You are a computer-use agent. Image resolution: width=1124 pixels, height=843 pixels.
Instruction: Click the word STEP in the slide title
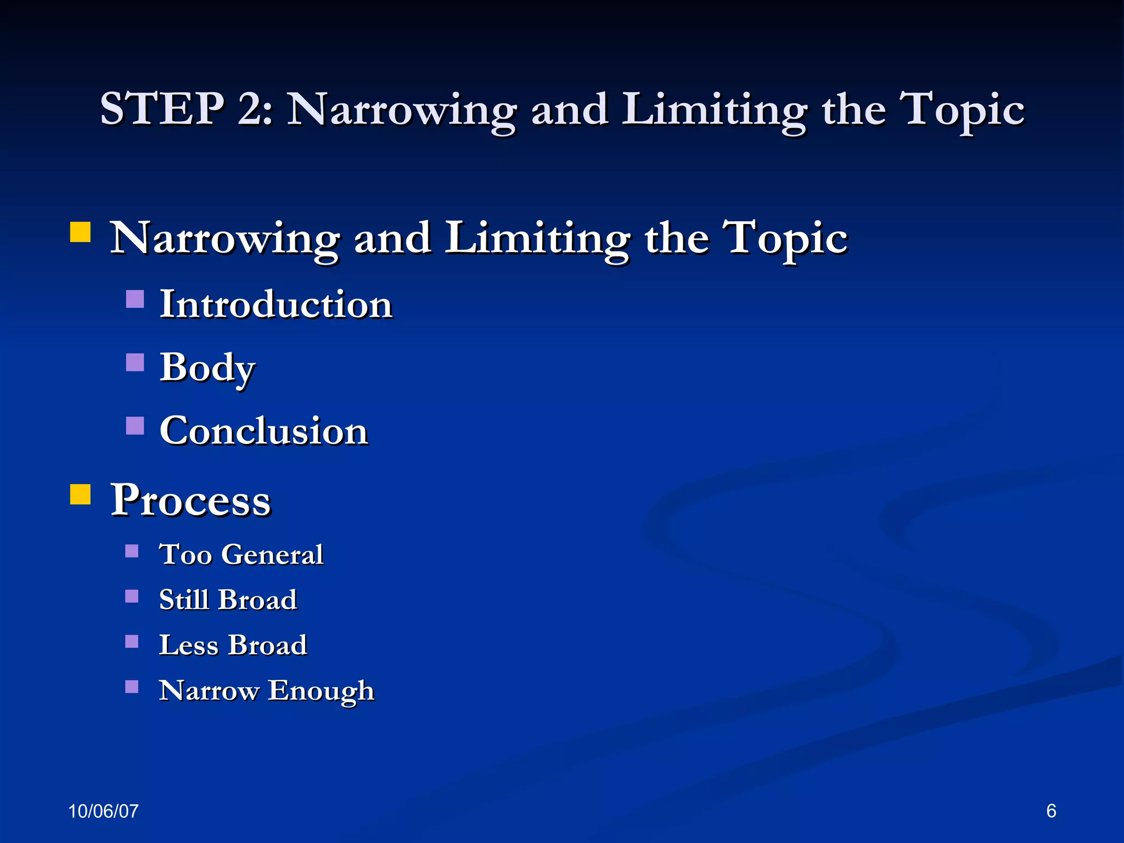click(162, 109)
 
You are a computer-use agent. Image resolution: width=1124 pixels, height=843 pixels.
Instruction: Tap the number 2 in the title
click(251, 109)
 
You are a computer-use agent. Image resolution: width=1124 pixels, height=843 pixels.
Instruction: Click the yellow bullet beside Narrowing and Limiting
click(80, 232)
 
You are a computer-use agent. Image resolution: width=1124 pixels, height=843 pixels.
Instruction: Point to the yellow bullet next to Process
click(80, 494)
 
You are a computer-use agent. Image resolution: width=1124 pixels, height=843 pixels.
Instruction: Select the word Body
click(207, 368)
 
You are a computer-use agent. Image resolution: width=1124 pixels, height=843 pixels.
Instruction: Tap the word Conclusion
click(263, 431)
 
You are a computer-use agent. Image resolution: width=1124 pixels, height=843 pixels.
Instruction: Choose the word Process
click(190, 500)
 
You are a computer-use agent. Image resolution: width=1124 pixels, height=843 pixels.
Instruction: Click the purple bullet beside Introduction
click(135, 299)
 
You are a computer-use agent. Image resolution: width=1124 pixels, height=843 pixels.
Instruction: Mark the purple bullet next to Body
click(135, 362)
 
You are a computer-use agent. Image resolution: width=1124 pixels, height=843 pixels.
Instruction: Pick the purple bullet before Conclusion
click(135, 425)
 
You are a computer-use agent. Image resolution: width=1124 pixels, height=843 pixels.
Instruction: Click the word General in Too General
click(272, 554)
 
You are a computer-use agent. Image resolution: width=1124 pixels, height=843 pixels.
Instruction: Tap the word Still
click(184, 599)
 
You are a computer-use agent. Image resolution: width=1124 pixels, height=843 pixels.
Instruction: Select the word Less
click(188, 645)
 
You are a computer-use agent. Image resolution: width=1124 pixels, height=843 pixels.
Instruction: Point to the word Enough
click(321, 691)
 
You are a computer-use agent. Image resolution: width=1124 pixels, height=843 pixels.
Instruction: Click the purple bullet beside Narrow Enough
click(132, 687)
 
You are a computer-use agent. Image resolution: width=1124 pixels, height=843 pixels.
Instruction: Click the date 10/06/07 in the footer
click(103, 811)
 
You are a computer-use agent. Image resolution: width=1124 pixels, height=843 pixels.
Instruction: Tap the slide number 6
click(1051, 811)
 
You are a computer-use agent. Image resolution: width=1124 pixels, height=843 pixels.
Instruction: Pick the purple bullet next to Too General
click(132, 550)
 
